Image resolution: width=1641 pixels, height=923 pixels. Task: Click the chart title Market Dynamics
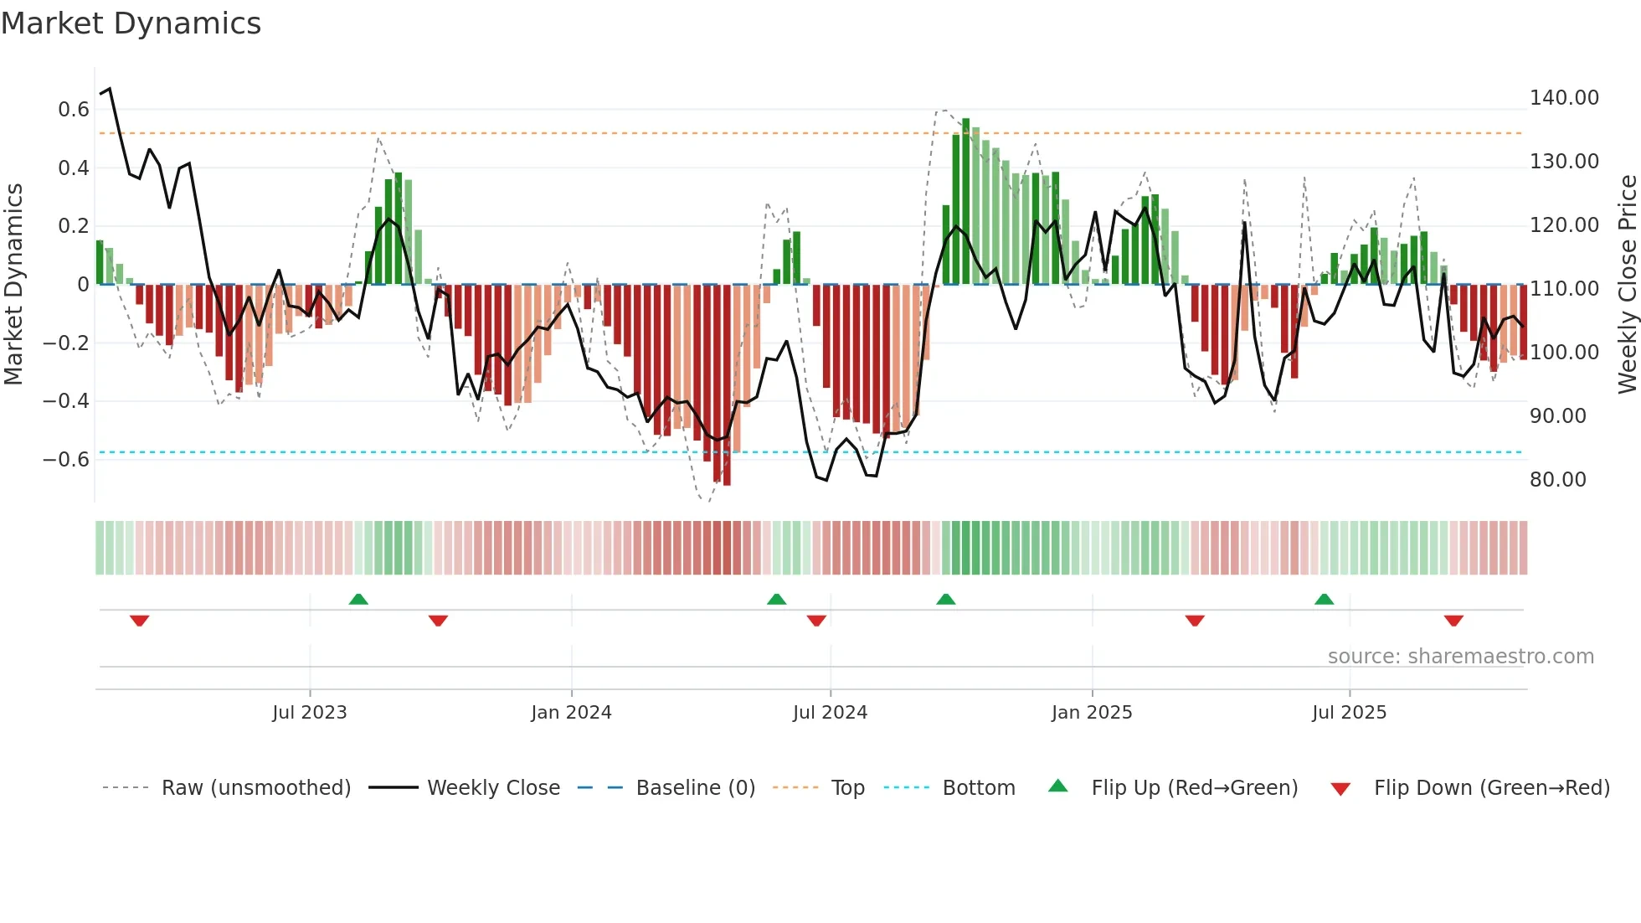131,23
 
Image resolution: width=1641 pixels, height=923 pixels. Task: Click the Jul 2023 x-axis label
309,713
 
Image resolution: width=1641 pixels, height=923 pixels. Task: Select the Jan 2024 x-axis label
571,713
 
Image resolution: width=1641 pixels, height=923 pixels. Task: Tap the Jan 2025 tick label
1092,713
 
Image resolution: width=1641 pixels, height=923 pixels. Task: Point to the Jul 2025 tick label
1349,713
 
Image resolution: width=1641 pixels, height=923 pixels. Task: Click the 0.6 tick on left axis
74,110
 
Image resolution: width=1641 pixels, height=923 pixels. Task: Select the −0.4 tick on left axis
66,401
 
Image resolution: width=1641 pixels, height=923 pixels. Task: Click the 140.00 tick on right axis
1564,98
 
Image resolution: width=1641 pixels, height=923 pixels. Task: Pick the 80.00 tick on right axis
1557,480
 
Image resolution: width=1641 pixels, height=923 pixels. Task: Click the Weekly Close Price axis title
1627,285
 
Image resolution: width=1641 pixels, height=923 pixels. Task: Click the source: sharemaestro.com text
1460,657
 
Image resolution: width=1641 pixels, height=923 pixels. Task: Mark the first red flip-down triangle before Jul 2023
140,621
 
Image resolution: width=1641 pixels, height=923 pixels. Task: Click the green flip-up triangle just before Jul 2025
1324,599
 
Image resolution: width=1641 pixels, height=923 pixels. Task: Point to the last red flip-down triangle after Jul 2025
1453,621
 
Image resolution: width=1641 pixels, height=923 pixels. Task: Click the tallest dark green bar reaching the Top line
965,201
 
